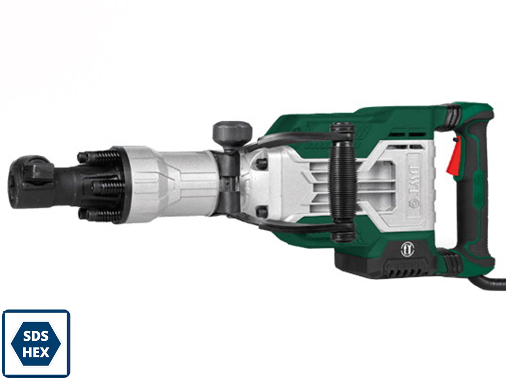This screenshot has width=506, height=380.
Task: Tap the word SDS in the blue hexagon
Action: pyautogui.click(x=36, y=336)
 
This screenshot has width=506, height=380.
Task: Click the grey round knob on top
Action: pyautogui.click(x=232, y=134)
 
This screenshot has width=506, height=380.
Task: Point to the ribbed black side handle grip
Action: pyautogui.click(x=343, y=183)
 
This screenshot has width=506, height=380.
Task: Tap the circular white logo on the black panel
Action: pyautogui.click(x=407, y=250)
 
